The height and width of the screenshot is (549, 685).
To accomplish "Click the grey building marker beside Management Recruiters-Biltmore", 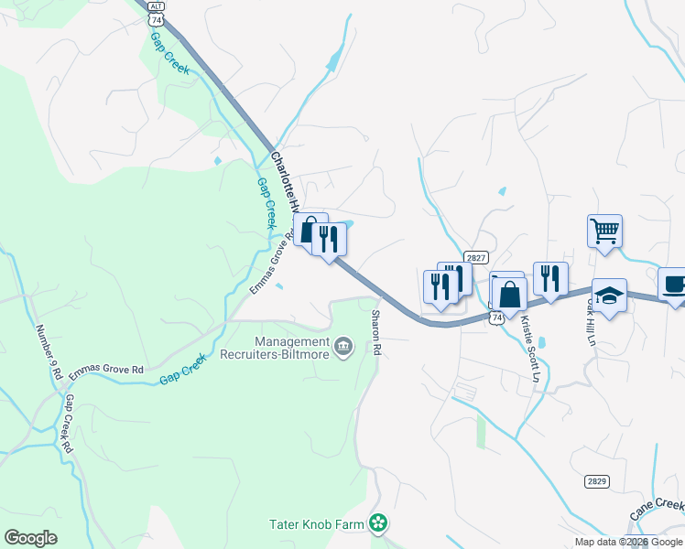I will pyautogui.click(x=343, y=346).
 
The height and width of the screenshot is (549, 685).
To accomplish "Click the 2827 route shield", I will pyautogui.click(x=474, y=259).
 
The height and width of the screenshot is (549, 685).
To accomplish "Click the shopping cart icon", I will pyautogui.click(x=604, y=230).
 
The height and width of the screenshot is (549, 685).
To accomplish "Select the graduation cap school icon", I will pyautogui.click(x=609, y=295).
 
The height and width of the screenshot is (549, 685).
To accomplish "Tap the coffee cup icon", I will pyautogui.click(x=674, y=283).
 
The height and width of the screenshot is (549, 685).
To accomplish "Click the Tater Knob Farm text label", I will pyautogui.click(x=316, y=523).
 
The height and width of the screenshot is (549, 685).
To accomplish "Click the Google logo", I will pyautogui.click(x=30, y=538).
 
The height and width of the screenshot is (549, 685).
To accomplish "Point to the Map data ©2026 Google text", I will pyautogui.click(x=628, y=542).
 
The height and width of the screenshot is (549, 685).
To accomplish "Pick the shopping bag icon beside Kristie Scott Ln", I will pyautogui.click(x=509, y=295).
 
